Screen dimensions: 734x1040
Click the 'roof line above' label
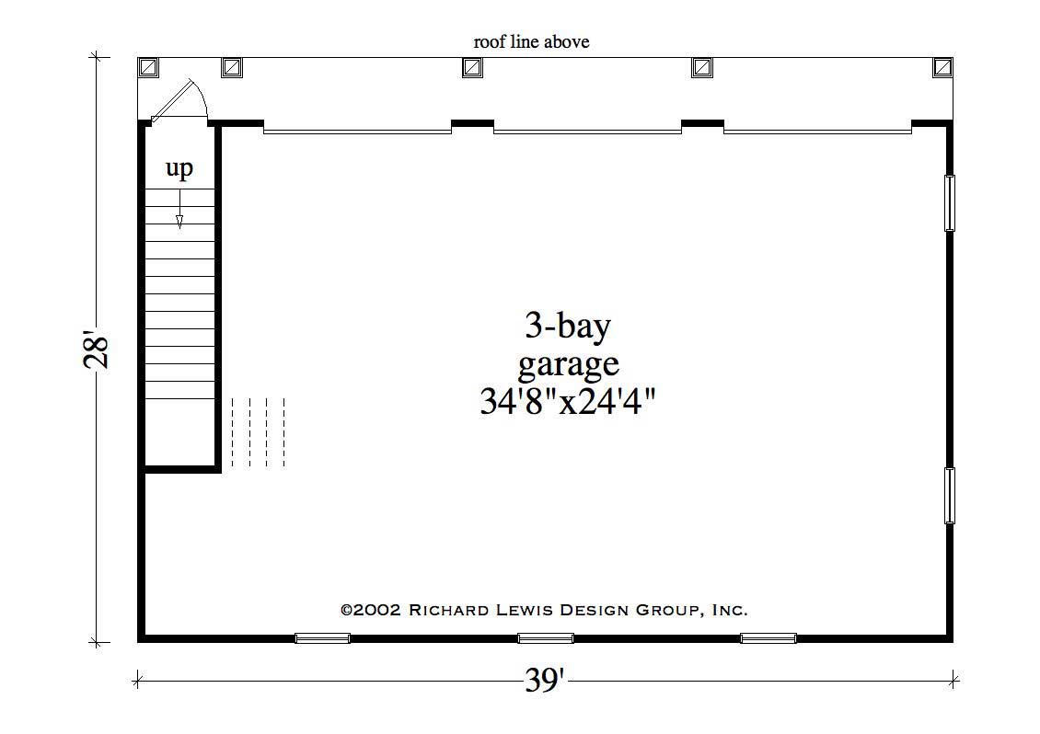[531, 41]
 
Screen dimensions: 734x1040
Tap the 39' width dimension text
[545, 682]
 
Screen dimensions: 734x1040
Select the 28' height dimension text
[97, 350]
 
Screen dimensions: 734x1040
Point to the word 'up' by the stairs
[179, 169]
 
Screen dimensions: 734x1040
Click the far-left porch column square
[148, 67]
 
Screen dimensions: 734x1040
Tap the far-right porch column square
[942, 67]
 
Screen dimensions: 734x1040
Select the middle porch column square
[472, 67]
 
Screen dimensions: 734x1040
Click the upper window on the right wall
[950, 202]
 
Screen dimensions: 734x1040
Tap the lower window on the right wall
[950, 496]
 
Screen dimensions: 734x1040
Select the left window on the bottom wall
[322, 637]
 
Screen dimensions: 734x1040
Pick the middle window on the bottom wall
[546, 637]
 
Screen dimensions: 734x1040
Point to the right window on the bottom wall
[768, 637]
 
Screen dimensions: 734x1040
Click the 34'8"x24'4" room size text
[568, 402]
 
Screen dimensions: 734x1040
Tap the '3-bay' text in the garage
[568, 326]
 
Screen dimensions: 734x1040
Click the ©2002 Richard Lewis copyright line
[544, 609]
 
